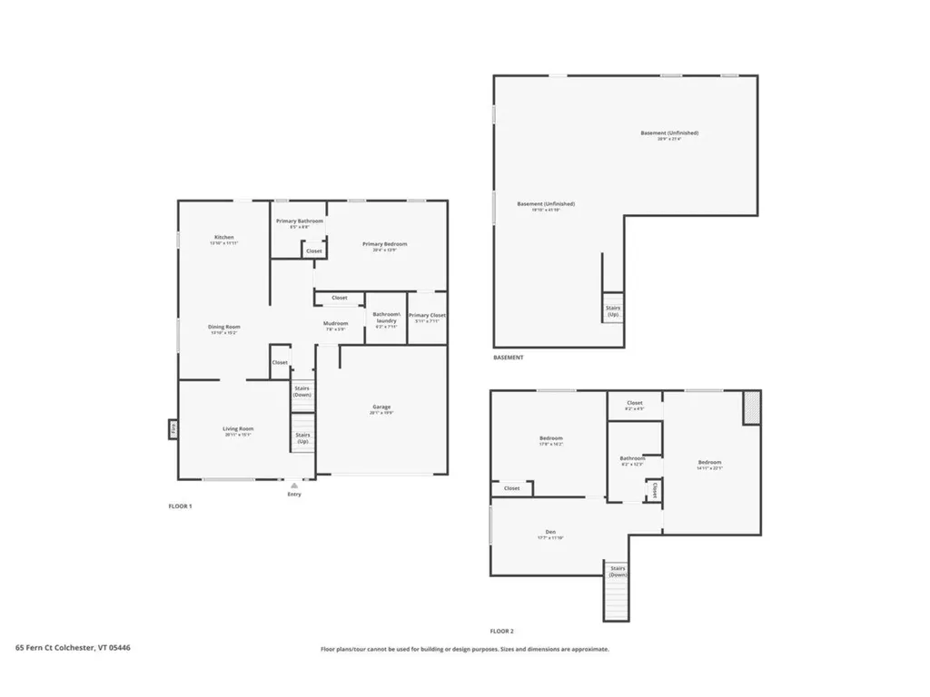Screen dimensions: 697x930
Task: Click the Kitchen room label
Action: [223, 238]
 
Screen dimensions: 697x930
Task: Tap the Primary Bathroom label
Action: [299, 221]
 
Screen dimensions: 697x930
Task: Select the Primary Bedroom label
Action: [384, 244]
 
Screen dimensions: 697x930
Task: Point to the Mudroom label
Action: [335, 323]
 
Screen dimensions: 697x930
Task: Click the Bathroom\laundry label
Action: [385, 318]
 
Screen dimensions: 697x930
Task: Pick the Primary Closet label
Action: [427, 316]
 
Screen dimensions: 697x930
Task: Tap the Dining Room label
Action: [223, 327]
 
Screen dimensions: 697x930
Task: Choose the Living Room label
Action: [238, 428]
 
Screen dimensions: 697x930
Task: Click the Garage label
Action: [381, 407]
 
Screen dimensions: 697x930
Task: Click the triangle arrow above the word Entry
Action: [293, 486]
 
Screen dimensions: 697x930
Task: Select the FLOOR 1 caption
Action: [180, 506]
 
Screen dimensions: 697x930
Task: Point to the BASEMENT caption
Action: [508, 358]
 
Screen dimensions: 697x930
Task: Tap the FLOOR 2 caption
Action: [501, 631]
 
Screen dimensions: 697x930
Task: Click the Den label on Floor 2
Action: [550, 532]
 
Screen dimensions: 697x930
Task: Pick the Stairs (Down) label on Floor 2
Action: [618, 571]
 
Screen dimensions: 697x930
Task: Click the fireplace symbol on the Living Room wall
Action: [173, 428]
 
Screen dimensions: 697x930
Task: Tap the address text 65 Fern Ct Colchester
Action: [73, 648]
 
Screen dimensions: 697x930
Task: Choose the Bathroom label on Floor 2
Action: [632, 458]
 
